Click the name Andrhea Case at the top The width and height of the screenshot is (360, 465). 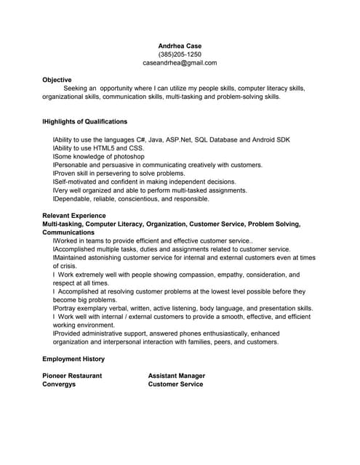pyautogui.click(x=180, y=46)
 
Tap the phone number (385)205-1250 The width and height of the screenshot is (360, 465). pyautogui.click(x=180, y=54)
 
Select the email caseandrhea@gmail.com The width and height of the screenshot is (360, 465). pyautogui.click(x=180, y=63)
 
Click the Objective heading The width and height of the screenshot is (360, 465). pyautogui.click(x=57, y=80)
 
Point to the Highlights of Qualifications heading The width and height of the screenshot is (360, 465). pyautogui.click(x=85, y=121)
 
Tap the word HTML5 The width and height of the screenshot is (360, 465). pyautogui.click(x=106, y=147)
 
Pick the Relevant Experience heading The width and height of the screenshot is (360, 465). pyautogui.click(x=74, y=216)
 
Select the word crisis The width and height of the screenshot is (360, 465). pyautogui.click(x=68, y=267)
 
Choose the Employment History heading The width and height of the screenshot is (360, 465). pyautogui.click(x=73, y=359)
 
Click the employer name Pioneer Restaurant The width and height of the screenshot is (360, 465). pyautogui.click(x=72, y=376)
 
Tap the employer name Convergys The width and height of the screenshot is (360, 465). pyautogui.click(x=59, y=384)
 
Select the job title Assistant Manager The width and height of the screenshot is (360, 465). pyautogui.click(x=177, y=376)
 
